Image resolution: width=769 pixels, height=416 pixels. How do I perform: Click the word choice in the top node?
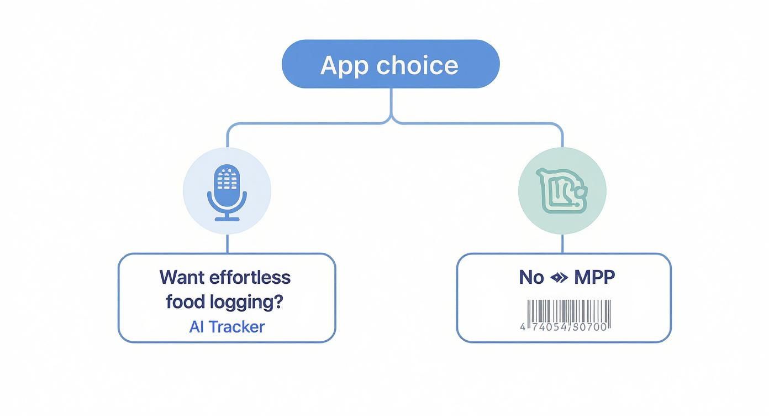click(417, 65)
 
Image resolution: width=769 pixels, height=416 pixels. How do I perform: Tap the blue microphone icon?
click(227, 188)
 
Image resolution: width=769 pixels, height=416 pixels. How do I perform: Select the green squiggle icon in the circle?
click(562, 191)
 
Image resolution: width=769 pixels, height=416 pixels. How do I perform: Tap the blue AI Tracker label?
click(227, 326)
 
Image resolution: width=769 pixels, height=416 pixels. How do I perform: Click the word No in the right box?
click(531, 277)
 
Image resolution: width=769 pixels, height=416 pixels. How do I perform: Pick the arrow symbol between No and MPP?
click(559, 278)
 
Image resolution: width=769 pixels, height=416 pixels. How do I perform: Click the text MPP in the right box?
click(594, 277)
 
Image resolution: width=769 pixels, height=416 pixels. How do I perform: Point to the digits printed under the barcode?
click(563, 326)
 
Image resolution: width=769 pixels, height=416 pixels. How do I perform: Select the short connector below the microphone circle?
click(227, 244)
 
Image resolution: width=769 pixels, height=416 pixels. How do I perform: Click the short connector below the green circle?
click(562, 244)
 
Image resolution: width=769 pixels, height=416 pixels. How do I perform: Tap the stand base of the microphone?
click(227, 219)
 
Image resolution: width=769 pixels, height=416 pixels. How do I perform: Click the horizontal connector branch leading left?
click(304, 123)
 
